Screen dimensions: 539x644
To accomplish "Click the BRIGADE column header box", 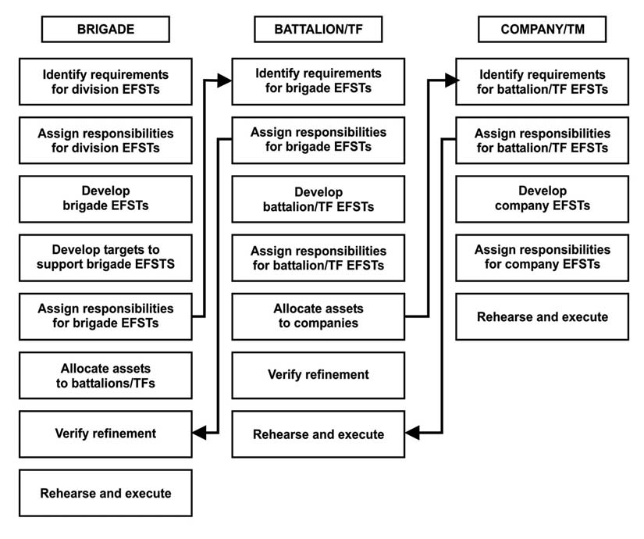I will (x=105, y=30).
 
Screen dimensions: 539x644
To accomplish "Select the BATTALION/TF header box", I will (x=318, y=30).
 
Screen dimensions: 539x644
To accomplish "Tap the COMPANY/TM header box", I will (x=542, y=30).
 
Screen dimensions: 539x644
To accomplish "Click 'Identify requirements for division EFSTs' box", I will (x=105, y=81).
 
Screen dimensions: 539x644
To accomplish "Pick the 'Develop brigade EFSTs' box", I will (x=105, y=198).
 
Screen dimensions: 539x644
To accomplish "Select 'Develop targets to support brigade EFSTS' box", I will (x=105, y=257).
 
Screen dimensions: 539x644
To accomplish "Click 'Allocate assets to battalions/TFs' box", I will (x=105, y=375).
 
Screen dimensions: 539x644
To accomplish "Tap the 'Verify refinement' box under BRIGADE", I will (x=105, y=434).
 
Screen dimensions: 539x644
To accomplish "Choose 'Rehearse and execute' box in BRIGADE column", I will (x=105, y=493).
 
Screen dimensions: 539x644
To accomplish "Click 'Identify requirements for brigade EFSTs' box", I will (x=318, y=81).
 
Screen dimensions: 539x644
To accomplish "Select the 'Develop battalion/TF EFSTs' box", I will (x=318, y=198).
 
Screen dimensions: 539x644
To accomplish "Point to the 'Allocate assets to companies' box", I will (x=318, y=316).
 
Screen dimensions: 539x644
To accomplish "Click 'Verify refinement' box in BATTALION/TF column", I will (x=318, y=375).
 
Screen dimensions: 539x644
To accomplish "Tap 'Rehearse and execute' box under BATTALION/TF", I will (x=318, y=434).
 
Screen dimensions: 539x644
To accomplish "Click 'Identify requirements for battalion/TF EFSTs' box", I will (x=542, y=81).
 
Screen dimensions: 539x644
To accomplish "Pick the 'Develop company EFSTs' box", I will (x=542, y=198).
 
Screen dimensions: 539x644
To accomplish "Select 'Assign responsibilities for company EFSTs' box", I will (x=542, y=257).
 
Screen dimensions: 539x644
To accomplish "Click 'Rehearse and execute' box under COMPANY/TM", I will (x=542, y=316).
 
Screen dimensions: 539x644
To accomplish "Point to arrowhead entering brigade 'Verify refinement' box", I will (x=199, y=432).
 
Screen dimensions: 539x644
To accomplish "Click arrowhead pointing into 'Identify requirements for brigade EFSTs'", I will (x=225, y=80).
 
